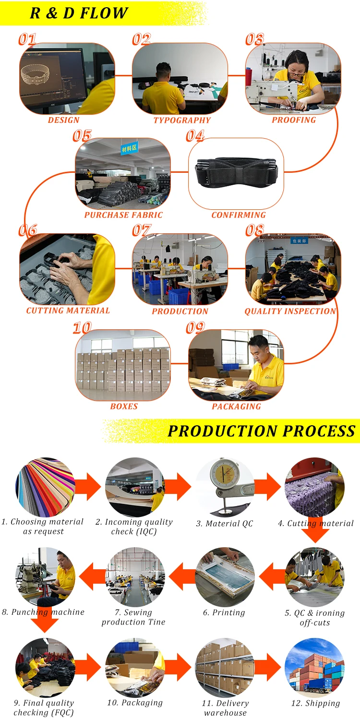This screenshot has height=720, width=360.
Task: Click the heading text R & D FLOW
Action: (79, 13)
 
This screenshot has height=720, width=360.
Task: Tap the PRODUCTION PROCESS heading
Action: (262, 431)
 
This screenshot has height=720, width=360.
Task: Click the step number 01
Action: (27, 39)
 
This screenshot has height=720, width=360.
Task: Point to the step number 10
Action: (82, 328)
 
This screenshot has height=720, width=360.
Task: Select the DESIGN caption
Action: (63, 120)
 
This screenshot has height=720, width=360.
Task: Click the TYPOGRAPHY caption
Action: (182, 120)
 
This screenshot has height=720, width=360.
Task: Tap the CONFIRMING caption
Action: (239, 215)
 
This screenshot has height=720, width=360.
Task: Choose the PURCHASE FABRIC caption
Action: (123, 215)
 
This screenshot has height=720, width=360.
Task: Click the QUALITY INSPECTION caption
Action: (290, 311)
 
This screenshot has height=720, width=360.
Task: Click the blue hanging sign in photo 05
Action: (129, 148)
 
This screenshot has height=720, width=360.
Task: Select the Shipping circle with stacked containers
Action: (314, 668)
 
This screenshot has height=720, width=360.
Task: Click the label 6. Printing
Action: (224, 612)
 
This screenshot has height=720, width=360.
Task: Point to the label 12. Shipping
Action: (315, 703)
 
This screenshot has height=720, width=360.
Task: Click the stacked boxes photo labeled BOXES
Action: (123, 366)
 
